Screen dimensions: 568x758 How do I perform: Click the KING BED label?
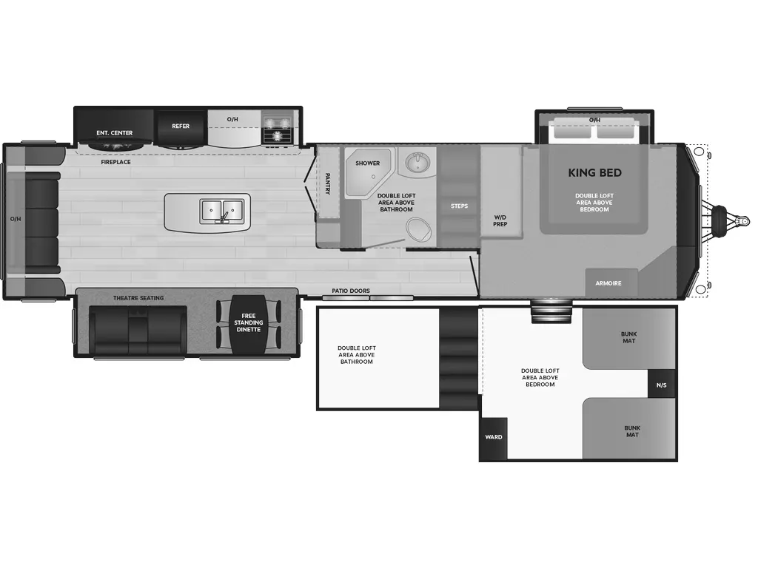coord(594,173)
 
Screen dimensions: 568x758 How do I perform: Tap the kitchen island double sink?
coord(222,211)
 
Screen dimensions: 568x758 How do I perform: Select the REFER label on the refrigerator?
coord(181,126)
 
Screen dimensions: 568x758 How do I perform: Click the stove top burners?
coord(278,129)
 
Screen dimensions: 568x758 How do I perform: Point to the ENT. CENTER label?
coord(115,133)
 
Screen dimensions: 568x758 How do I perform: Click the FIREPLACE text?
coord(115,161)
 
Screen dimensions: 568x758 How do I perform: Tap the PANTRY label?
coord(328,183)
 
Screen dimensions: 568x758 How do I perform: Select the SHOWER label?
coord(367,163)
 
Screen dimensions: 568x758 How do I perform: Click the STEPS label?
coord(459,206)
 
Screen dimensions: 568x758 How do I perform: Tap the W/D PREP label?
coord(500,220)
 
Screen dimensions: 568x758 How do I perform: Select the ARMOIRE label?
coord(608,283)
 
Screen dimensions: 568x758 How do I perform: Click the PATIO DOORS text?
coord(350,291)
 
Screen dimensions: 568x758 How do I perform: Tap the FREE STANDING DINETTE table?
coord(249,322)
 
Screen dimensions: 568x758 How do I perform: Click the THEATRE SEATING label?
coord(138,298)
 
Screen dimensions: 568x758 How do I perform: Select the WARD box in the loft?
coord(494,437)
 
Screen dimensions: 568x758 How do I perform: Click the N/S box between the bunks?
coord(661,384)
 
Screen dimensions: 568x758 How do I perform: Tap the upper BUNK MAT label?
coord(628,337)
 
